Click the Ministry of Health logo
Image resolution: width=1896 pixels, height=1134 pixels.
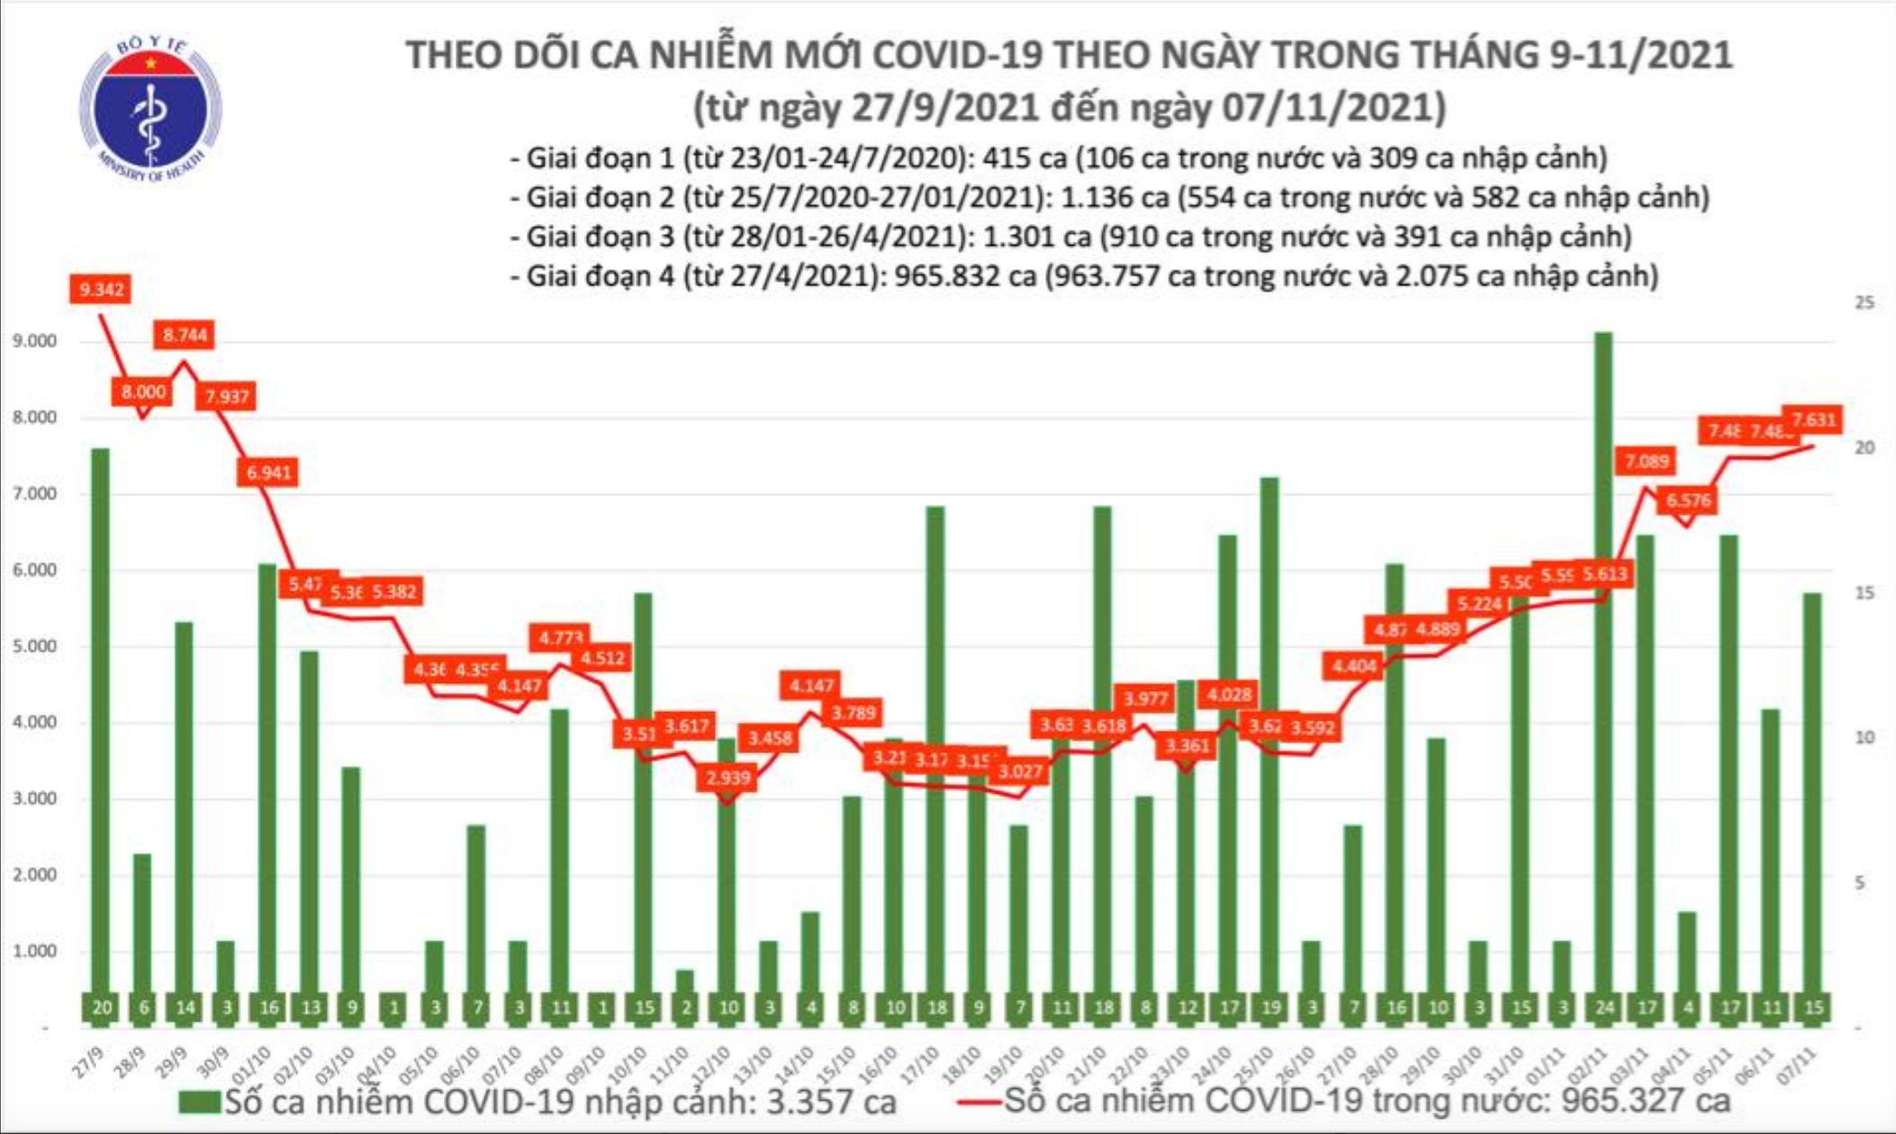(150, 109)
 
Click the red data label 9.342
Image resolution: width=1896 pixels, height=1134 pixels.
(101, 289)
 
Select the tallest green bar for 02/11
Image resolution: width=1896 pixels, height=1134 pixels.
(1603, 666)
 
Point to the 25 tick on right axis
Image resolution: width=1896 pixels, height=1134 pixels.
(1864, 302)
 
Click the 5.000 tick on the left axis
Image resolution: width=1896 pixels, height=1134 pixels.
(35, 646)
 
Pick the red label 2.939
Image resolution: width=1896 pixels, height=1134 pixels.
(727, 777)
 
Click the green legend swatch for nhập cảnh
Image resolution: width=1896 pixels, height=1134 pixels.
(199, 1102)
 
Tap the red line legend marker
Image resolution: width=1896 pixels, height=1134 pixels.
(980, 1102)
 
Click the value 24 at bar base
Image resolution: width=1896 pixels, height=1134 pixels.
(1603, 1008)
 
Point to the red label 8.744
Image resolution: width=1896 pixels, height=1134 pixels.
(185, 335)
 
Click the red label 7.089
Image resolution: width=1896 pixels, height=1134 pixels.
(1646, 462)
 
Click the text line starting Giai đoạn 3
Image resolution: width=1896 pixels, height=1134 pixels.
(1070, 237)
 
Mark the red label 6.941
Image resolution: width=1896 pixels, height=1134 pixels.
(268, 472)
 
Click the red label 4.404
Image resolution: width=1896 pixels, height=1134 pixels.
(1353, 666)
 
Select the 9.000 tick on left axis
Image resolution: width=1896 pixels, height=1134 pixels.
(35, 341)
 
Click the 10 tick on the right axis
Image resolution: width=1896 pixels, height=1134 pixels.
(1864, 737)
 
